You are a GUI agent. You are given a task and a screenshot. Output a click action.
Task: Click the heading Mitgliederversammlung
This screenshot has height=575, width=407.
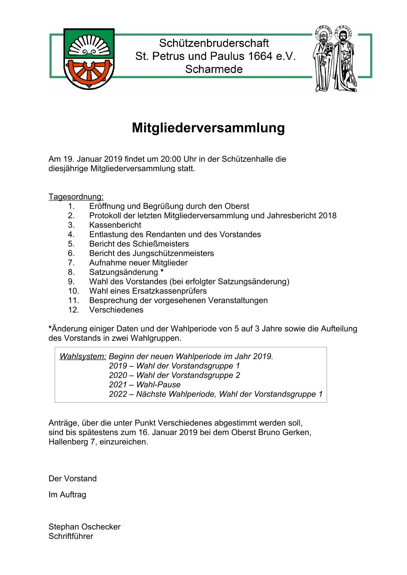[208, 128]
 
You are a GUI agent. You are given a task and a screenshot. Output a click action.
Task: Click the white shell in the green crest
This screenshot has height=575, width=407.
[89, 46]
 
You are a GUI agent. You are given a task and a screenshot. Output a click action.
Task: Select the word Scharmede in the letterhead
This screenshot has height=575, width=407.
[214, 69]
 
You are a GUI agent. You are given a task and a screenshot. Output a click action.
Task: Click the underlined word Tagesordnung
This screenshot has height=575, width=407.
[76, 197]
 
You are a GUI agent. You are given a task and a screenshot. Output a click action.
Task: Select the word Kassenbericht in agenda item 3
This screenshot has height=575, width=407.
[115, 225]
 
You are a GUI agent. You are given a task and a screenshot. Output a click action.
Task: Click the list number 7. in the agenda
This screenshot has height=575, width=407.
[71, 263]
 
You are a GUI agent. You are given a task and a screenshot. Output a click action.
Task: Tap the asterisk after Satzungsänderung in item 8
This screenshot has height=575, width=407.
[162, 271]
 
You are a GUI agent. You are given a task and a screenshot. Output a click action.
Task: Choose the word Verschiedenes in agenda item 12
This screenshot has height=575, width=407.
[116, 310]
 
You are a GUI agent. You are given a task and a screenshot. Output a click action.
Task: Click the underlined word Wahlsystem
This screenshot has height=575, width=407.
[83, 356]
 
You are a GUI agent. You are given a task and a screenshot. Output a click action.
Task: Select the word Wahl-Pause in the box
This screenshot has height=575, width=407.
[158, 385]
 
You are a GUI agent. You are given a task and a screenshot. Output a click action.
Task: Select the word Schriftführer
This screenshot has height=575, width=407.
[71, 536]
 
